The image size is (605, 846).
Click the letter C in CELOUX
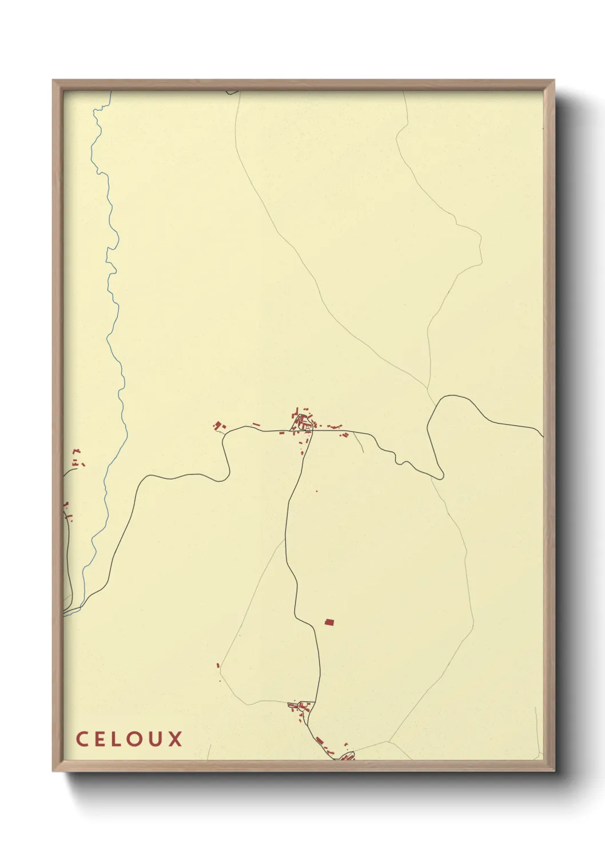coord(81,739)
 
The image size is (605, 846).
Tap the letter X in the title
coord(175,739)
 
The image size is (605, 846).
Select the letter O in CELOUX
coord(135,739)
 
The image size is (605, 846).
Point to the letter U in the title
coord(155,739)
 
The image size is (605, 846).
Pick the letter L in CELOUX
coord(117,739)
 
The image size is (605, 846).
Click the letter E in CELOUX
coord(99,739)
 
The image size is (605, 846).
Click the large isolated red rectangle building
coord(329,622)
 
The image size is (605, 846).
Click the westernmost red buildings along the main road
coord(218,425)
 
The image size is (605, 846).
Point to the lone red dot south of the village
coord(316,490)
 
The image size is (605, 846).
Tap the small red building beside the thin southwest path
coord(218,665)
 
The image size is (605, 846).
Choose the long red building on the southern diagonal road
coord(320,741)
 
